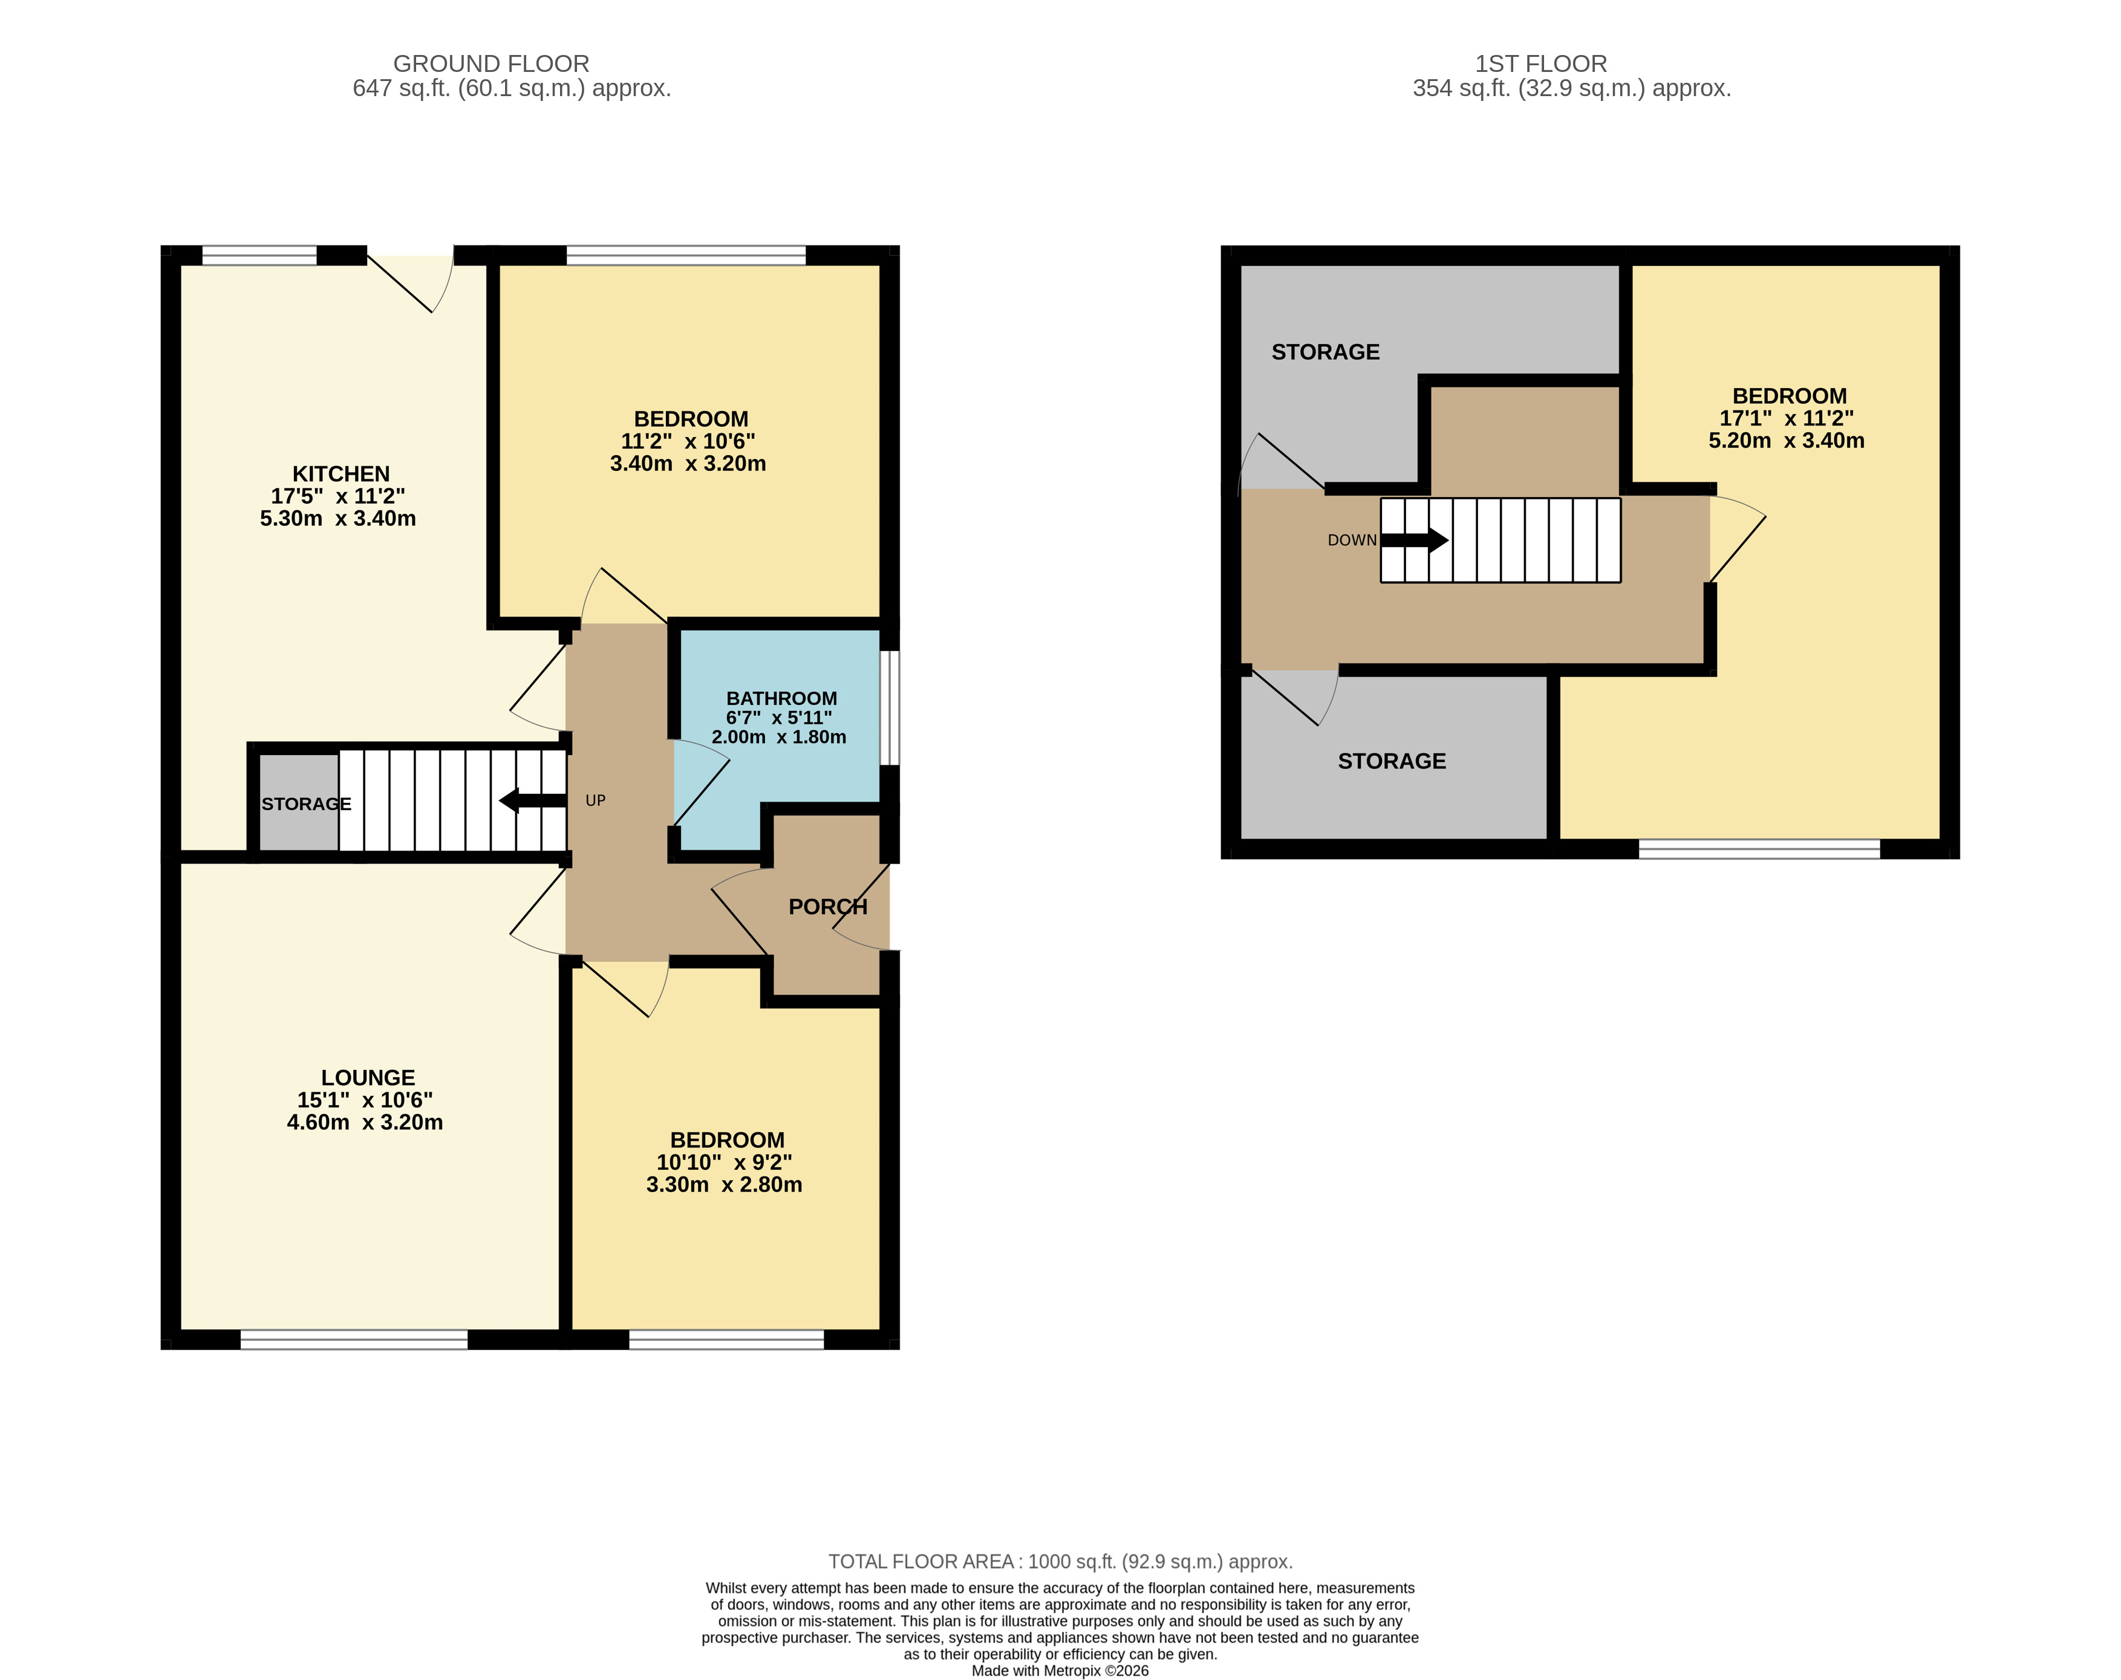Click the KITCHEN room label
click(340, 474)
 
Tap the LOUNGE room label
click(368, 1078)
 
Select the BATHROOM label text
click(782, 698)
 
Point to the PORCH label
click(829, 907)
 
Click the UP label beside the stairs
click(595, 800)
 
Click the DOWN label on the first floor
click(1352, 540)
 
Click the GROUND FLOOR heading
click(491, 64)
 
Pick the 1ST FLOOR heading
click(1540, 64)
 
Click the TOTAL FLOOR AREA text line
click(1061, 1562)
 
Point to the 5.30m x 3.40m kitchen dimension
click(337, 518)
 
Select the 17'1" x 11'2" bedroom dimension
click(1787, 418)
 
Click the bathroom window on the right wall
click(889, 707)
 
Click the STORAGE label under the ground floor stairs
click(306, 803)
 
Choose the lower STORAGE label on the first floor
click(1392, 761)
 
